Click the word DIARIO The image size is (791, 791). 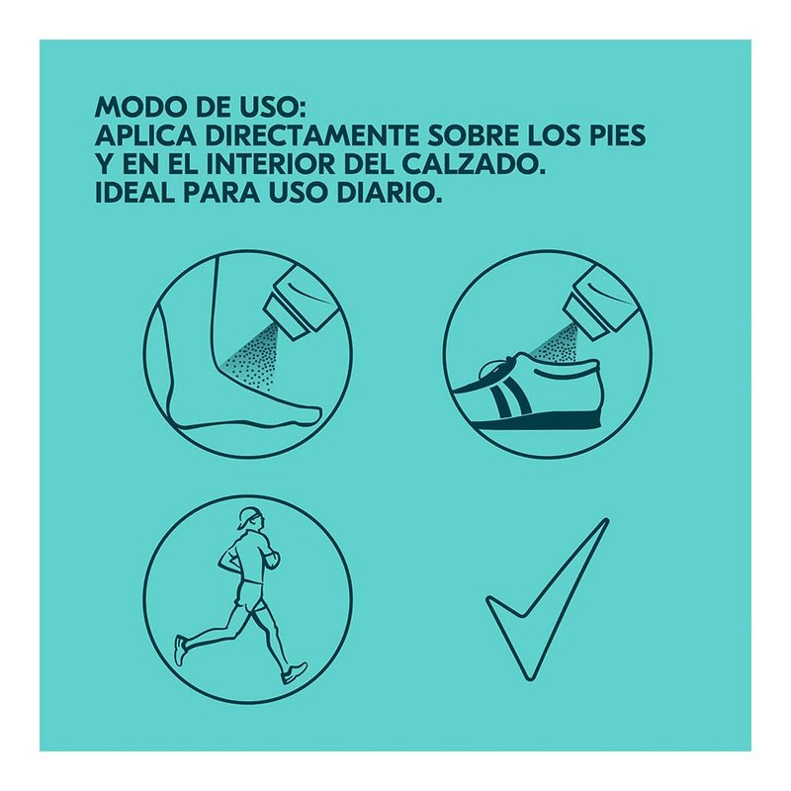tap(388, 193)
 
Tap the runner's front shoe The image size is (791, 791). tap(294, 673)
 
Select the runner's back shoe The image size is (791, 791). tap(180, 650)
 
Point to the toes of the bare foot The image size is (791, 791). tap(310, 413)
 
